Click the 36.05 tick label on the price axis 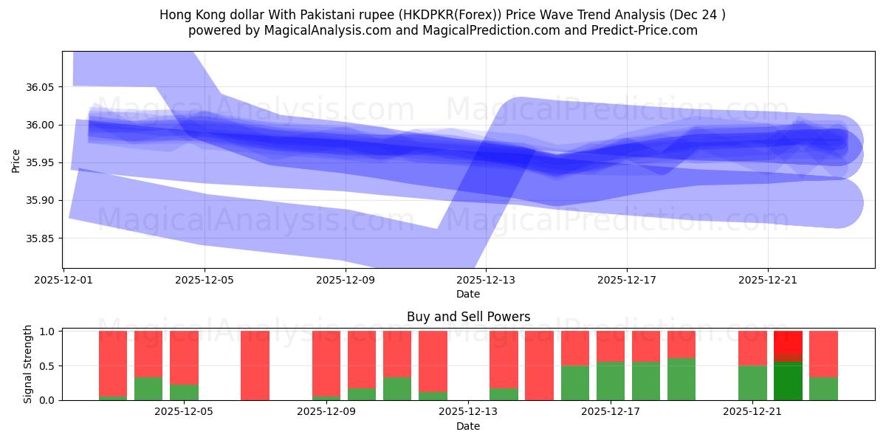(40, 87)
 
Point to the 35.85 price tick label (40, 238)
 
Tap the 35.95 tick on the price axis (40, 163)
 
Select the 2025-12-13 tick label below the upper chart (486, 281)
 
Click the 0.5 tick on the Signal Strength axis (47, 366)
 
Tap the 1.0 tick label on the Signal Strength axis (47, 332)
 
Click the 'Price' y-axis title (16, 159)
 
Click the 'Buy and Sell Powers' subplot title (468, 317)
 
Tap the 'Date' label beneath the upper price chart (468, 294)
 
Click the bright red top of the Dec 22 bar (788, 342)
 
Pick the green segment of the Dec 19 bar (681, 380)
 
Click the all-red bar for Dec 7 (255, 365)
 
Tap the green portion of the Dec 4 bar (148, 389)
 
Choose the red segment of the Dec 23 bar (823, 354)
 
